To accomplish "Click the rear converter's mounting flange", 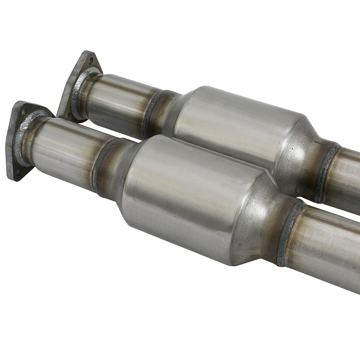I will pos(77,82).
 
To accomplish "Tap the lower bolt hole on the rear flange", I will pos(66,114).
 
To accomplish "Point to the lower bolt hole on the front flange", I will pos(14,172).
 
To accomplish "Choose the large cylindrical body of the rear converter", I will pos(237,129).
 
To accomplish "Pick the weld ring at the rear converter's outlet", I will pos(327,172).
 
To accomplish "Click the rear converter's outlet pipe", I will pos(347,180).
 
